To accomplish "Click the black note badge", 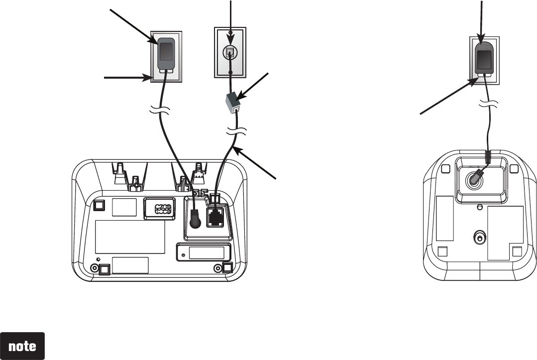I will (x=23, y=346).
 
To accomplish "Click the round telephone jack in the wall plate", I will (x=229, y=52).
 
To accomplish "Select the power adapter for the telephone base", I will (x=167, y=54).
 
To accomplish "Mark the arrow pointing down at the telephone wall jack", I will (x=230, y=20).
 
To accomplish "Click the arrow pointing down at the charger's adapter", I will (x=481, y=20).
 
